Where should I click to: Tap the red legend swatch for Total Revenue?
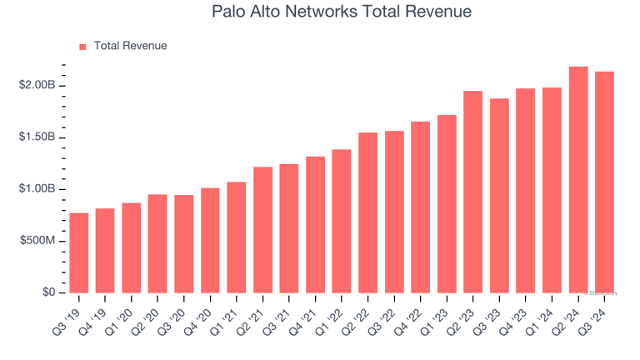(82, 47)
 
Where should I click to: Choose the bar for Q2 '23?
(473, 192)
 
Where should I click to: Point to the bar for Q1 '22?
(342, 221)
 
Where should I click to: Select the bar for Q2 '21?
(262, 230)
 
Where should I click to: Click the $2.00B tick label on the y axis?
(37, 86)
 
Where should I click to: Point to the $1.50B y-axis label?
(37, 137)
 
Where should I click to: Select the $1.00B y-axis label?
(37, 189)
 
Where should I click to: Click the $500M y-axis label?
(38, 241)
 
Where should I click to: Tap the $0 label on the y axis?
(48, 292)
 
